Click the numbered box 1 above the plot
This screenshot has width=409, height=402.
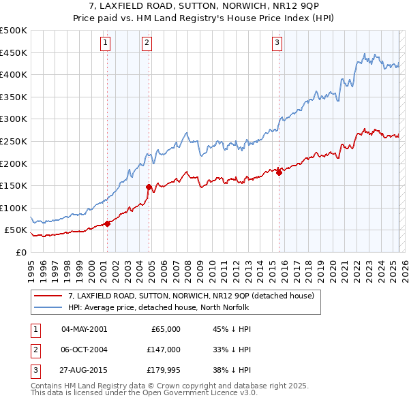tap(106, 43)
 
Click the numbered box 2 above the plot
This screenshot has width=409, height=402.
tap(147, 43)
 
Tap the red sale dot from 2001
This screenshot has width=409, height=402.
tap(107, 223)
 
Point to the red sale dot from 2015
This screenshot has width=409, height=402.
tap(279, 172)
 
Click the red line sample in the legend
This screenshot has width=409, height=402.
tap(48, 296)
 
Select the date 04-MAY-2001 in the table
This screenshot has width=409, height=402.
tap(85, 329)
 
